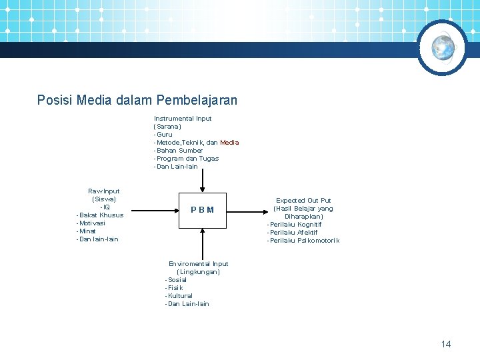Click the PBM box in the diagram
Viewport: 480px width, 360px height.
202,210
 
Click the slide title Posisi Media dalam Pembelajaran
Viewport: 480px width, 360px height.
137,101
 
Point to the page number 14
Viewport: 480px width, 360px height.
446,344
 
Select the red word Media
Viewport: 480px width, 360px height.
229,143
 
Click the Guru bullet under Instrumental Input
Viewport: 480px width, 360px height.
163,135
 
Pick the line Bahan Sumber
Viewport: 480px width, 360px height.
179,151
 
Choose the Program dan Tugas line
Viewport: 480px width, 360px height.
187,159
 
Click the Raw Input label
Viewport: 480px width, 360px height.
104,191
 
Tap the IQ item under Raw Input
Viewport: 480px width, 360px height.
105,207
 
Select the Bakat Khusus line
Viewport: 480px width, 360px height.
101,215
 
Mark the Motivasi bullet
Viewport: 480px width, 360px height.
91,223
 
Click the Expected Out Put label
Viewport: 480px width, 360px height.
303,200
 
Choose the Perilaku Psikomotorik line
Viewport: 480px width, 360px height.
303,241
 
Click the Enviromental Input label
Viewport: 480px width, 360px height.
199,264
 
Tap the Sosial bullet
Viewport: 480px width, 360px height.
176,280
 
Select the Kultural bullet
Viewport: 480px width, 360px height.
179,296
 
